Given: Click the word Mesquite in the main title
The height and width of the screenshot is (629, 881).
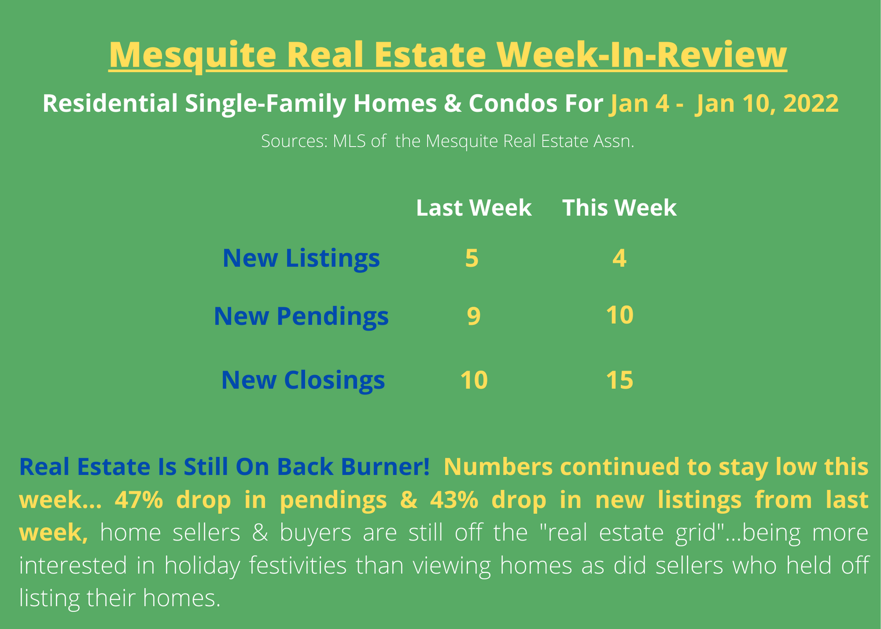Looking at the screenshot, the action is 192,55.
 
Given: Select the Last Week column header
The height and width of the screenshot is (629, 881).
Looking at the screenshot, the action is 474,208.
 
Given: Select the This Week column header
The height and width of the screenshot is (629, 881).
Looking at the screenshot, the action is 619,208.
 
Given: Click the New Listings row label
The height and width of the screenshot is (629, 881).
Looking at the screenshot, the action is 301,259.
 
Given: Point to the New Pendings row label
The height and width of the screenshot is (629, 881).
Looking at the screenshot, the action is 301,317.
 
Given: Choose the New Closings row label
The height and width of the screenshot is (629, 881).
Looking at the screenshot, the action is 303,380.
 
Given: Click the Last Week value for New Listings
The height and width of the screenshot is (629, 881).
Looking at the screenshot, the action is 472,258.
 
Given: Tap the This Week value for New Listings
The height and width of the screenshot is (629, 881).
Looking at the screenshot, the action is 619,258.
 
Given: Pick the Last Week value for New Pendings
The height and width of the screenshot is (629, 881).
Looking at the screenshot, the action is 474,317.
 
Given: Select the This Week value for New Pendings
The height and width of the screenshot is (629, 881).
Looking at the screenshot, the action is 619,315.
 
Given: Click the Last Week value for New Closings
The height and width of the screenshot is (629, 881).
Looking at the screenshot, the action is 474,380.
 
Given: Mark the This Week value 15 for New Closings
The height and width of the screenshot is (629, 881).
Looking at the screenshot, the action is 619,380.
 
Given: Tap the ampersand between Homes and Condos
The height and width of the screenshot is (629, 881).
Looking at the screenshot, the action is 452,104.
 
